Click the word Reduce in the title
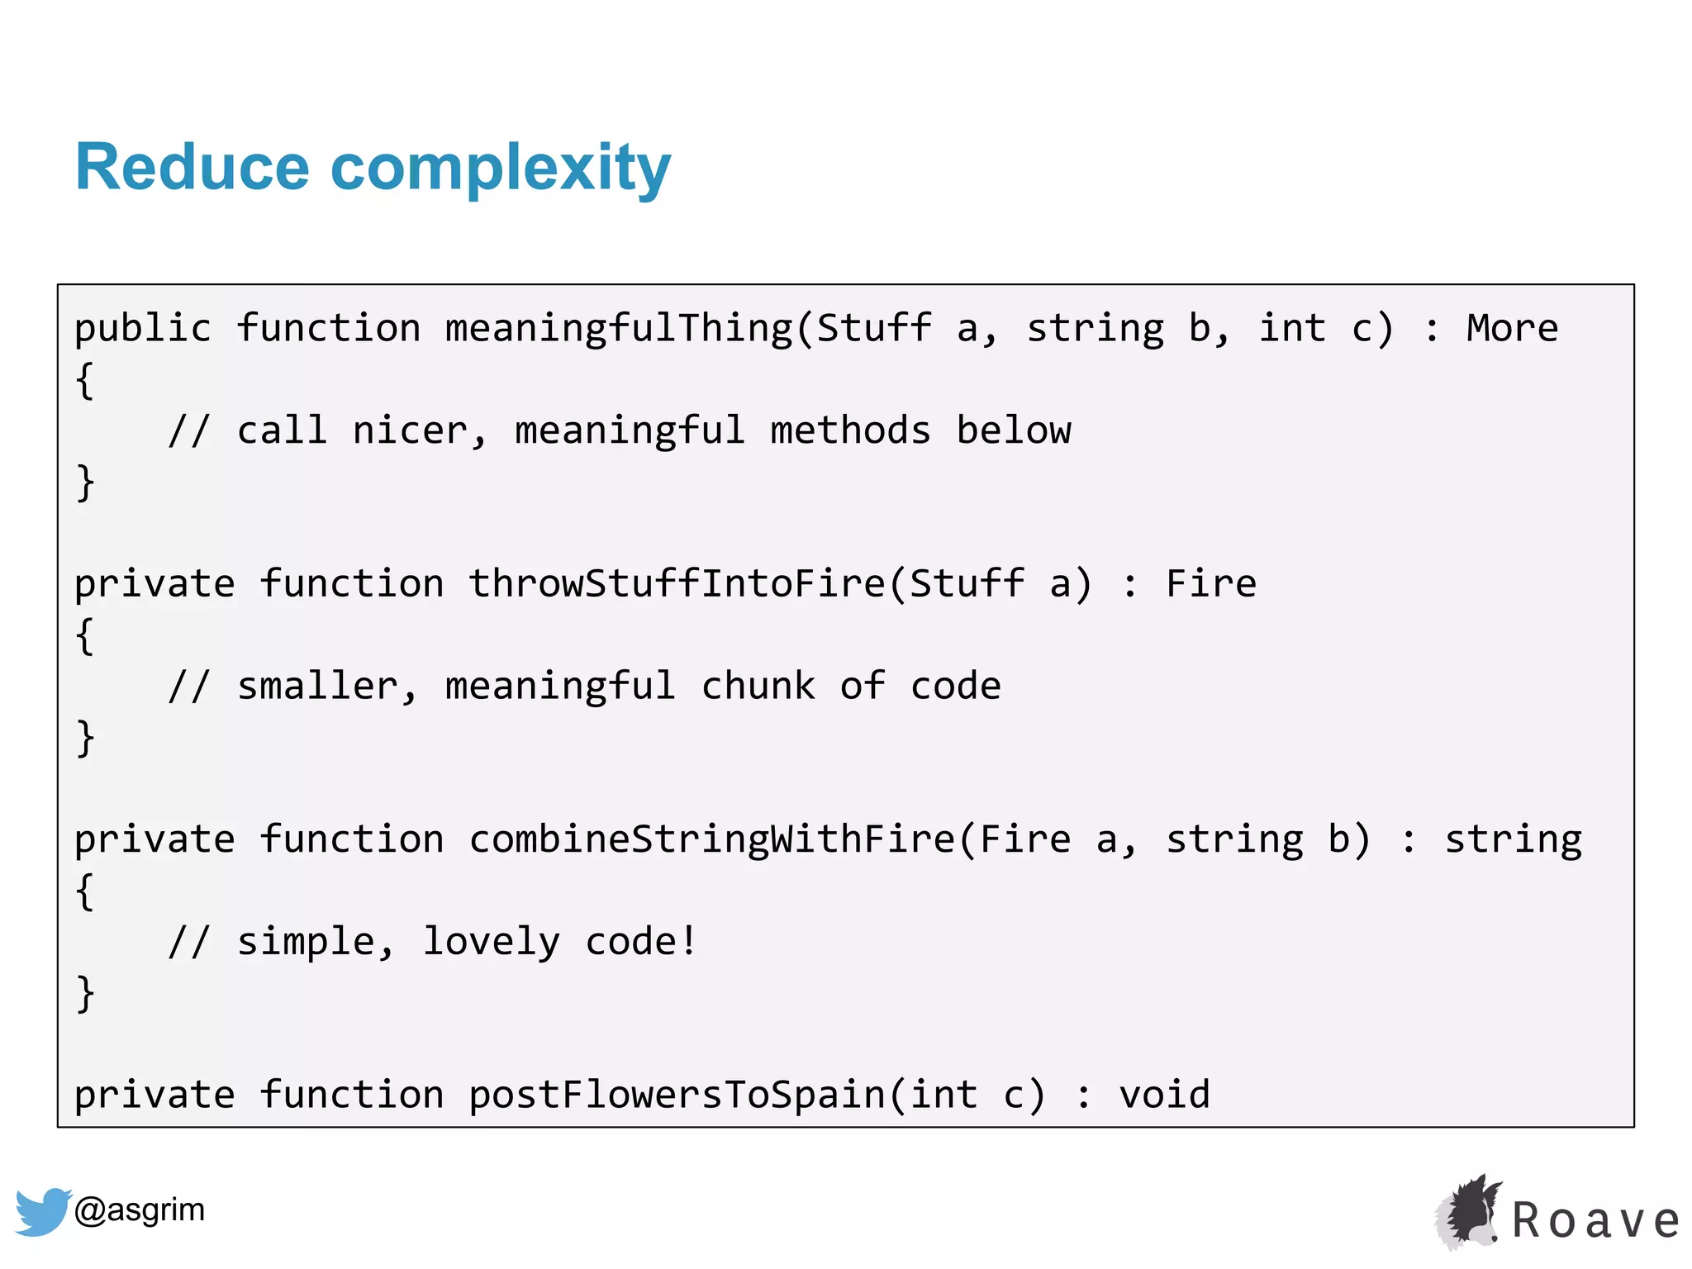coord(192,168)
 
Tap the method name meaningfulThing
coord(619,329)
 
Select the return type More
coord(1512,329)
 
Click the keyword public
coord(143,329)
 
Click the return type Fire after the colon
coord(1211,584)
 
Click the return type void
coord(1164,1095)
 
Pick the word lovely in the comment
coord(491,942)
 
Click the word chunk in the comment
coord(758,687)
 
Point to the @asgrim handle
coord(140,1210)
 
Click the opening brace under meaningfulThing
coord(84,381)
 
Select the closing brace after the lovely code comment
coord(85,993)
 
